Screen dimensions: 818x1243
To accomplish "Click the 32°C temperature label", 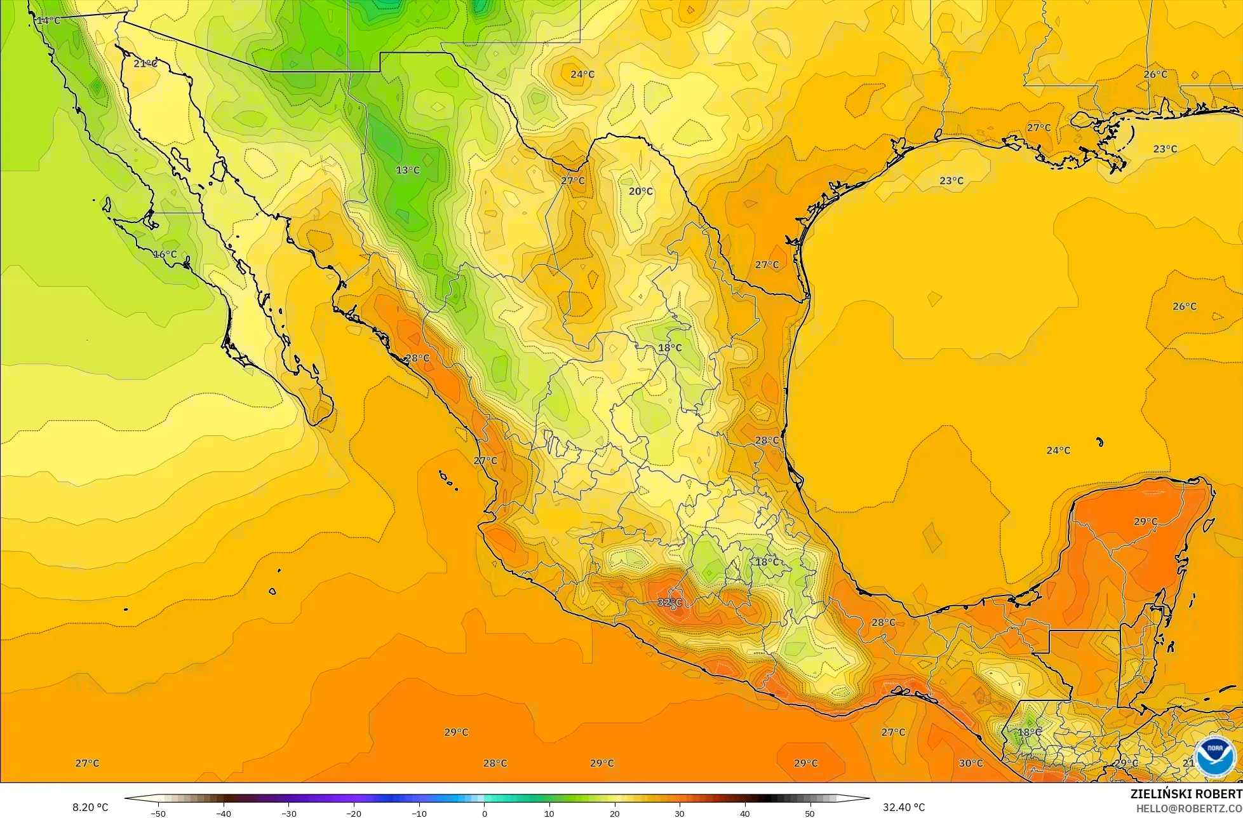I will [x=669, y=602].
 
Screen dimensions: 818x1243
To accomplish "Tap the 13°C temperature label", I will [x=408, y=170].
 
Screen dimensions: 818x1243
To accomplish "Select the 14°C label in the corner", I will [x=48, y=20].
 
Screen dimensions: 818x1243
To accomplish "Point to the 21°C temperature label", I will [x=145, y=64].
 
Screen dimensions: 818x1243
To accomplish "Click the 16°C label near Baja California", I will [x=165, y=254].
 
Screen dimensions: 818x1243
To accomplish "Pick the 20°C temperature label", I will [x=641, y=191].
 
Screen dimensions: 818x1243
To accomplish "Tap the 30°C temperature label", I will [x=971, y=763].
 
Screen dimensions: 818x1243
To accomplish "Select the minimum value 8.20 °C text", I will [x=90, y=808].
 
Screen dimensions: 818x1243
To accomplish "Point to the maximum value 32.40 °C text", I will [x=904, y=808].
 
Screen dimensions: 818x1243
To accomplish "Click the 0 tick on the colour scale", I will [x=484, y=813].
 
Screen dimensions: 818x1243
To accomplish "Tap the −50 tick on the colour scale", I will [x=158, y=813].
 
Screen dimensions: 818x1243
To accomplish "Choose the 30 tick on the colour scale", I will [x=679, y=813].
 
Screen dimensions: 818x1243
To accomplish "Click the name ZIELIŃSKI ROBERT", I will [x=1186, y=794].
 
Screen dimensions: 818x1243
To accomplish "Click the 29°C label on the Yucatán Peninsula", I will [x=1145, y=522].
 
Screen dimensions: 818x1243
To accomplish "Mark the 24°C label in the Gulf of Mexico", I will [x=1058, y=451].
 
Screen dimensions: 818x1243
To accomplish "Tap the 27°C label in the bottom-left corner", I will [x=87, y=763].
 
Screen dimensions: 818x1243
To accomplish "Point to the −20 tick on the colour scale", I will [x=353, y=813].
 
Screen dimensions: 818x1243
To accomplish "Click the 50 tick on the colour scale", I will [x=810, y=813].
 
